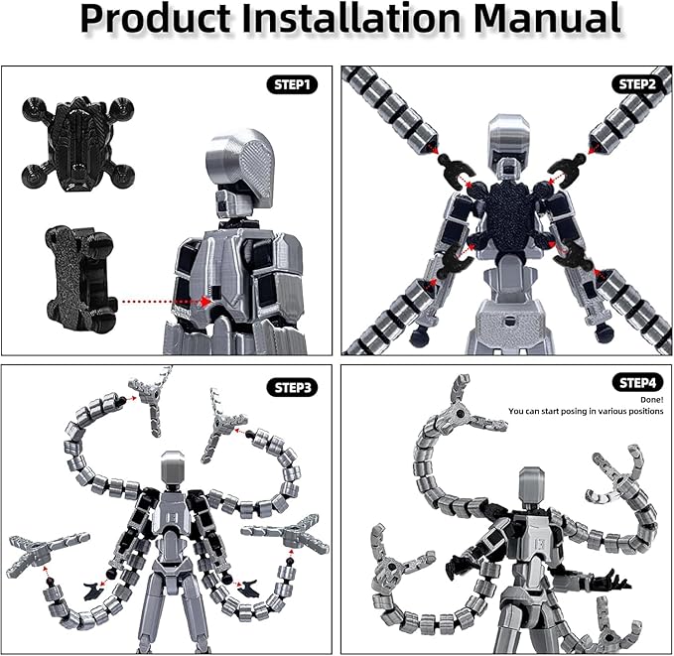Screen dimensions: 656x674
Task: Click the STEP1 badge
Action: pyautogui.click(x=292, y=85)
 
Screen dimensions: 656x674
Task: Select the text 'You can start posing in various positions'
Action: pyautogui.click(x=586, y=411)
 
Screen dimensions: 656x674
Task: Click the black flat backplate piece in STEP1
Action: pyautogui.click(x=76, y=277)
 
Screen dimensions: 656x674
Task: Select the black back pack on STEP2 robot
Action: pyautogui.click(x=509, y=220)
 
